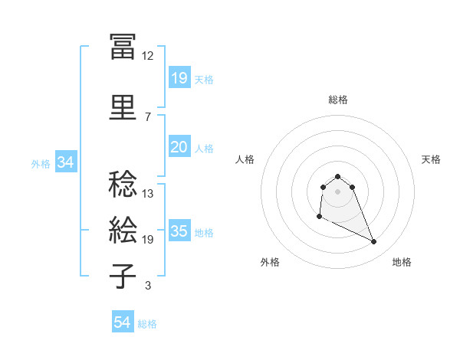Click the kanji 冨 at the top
[x=123, y=47]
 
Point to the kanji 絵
[x=123, y=231]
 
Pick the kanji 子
[x=123, y=277]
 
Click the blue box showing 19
[x=179, y=78]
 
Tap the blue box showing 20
[x=179, y=147]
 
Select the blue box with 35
[x=179, y=231]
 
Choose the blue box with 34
[x=65, y=162]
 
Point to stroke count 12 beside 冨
[x=148, y=56]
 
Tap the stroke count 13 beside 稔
[x=148, y=194]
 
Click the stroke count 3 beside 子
[x=148, y=286]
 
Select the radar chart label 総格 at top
[x=338, y=100]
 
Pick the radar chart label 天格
[x=431, y=159]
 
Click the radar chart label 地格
[x=402, y=262]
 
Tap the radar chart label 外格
[x=270, y=262]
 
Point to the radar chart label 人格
[x=245, y=159]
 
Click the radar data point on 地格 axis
[x=374, y=242]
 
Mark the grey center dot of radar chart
[x=338, y=191]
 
